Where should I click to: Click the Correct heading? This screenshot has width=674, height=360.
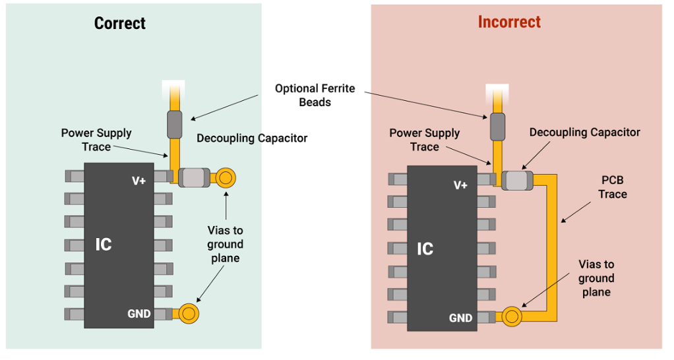(x=119, y=24)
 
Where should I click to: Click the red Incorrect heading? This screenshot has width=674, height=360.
(x=509, y=22)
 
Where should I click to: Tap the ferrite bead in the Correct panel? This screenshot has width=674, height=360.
(x=174, y=124)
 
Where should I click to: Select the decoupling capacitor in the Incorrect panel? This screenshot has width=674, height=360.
(x=517, y=180)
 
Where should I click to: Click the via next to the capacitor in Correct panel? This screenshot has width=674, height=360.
(x=226, y=177)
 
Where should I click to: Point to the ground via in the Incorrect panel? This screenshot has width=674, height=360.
(x=512, y=317)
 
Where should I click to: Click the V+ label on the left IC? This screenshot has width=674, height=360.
(x=138, y=181)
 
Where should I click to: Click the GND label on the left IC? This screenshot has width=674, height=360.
(x=139, y=314)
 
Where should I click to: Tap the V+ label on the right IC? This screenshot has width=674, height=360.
(x=461, y=185)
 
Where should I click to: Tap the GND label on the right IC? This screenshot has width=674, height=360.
(x=461, y=318)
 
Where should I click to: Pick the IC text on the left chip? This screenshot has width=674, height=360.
(x=104, y=245)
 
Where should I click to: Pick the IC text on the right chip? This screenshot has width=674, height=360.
(x=425, y=249)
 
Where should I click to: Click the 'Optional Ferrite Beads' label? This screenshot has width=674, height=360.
(x=315, y=95)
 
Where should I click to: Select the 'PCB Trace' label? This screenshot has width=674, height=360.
(x=613, y=187)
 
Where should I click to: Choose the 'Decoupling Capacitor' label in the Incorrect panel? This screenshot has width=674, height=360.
(x=584, y=133)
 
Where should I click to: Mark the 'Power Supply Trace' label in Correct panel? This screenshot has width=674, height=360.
(x=96, y=140)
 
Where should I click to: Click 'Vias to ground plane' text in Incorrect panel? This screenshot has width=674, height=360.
(x=596, y=278)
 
